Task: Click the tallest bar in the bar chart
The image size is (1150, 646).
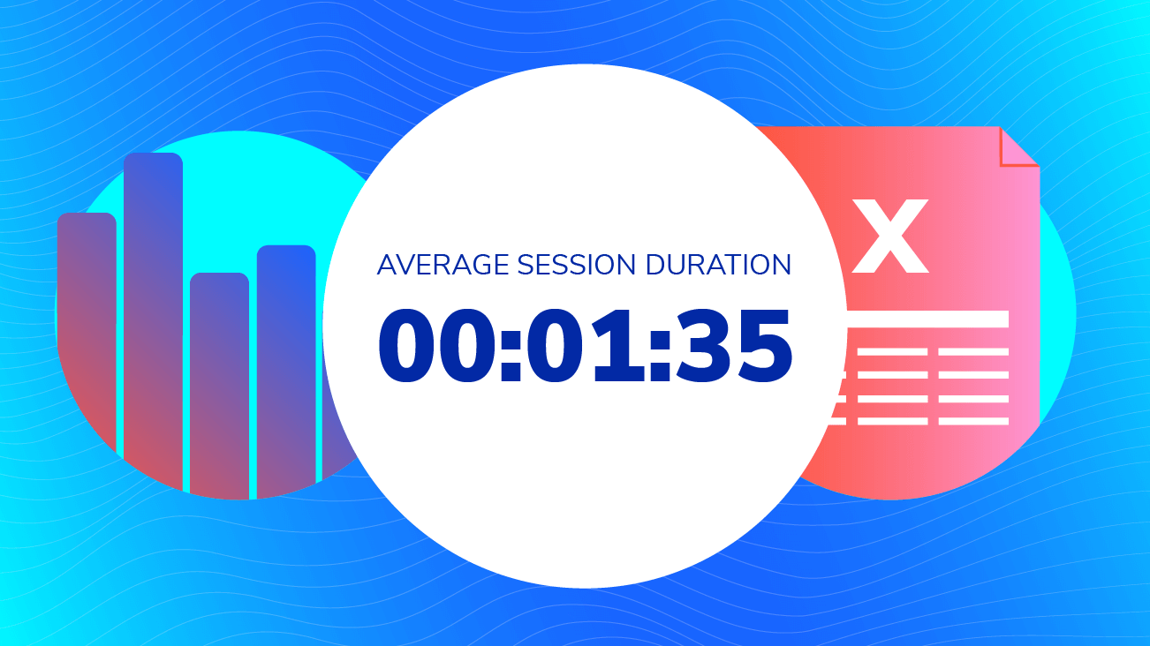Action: (153, 318)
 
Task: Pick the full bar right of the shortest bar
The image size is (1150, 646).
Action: (286, 362)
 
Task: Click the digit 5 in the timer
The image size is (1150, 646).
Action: (760, 346)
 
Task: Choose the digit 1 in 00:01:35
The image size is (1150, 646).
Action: (620, 346)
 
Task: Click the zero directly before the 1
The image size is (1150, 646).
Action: (566, 346)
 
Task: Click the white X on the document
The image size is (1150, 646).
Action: (892, 236)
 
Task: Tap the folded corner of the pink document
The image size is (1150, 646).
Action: (1018, 147)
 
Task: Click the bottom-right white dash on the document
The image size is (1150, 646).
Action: (972, 421)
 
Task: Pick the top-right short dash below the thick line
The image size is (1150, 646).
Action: (972, 352)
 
